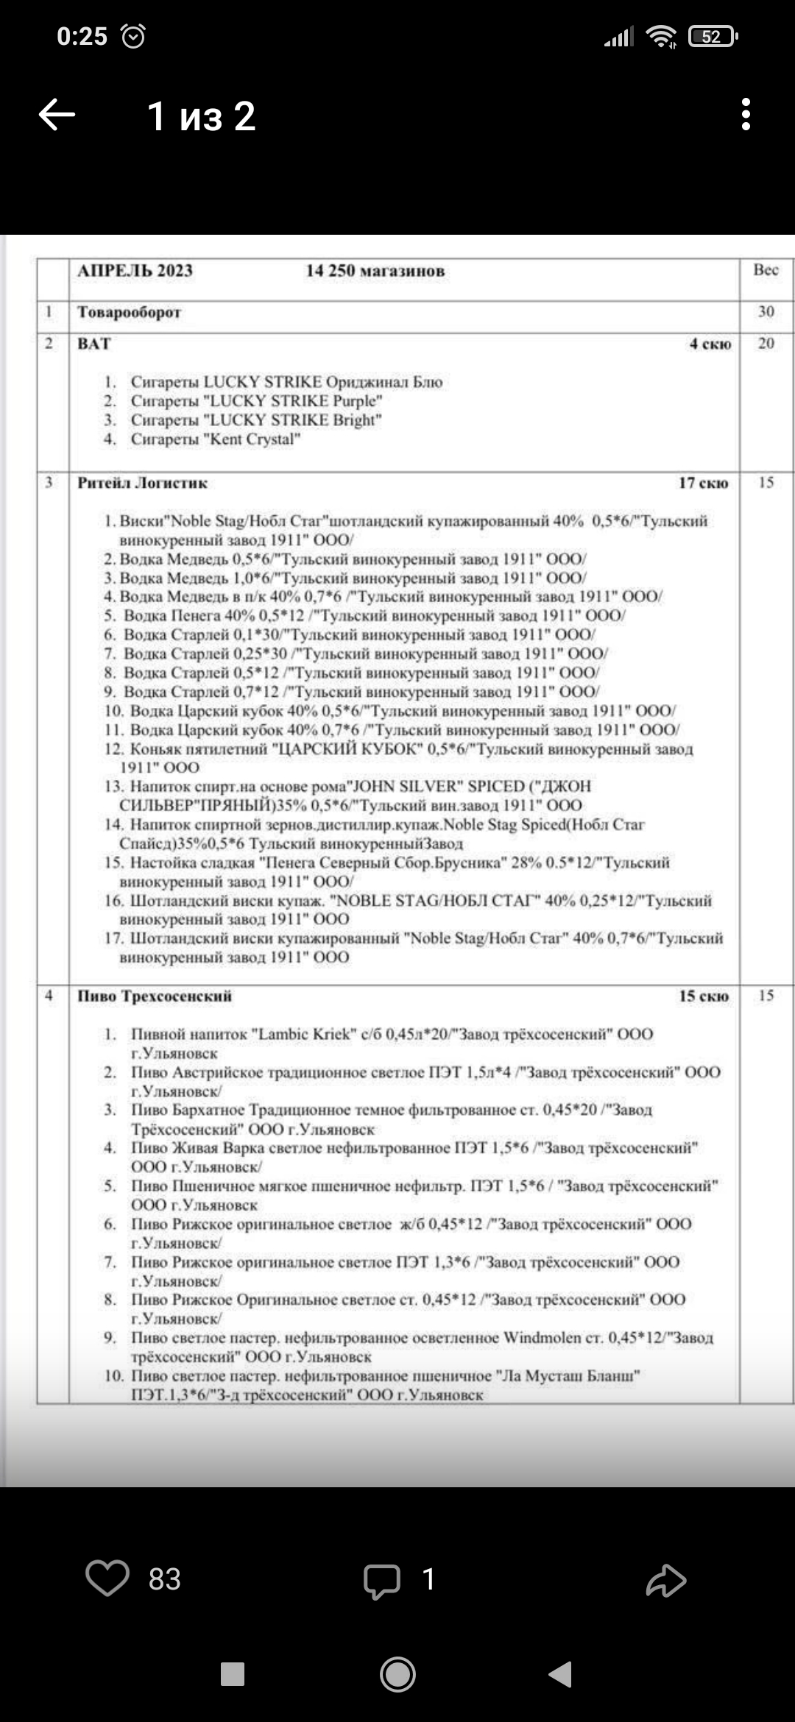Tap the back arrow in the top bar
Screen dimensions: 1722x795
pyautogui.click(x=57, y=115)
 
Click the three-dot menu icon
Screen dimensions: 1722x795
pyautogui.click(x=746, y=115)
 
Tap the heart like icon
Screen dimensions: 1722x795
pyautogui.click(x=107, y=1578)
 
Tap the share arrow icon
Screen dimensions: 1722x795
pyautogui.click(x=666, y=1579)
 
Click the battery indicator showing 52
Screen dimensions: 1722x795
pyautogui.click(x=712, y=36)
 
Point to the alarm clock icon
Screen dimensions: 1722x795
pyautogui.click(x=132, y=36)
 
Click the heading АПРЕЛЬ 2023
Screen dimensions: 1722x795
pyautogui.click(x=135, y=271)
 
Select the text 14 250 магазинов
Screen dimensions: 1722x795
pyautogui.click(x=375, y=271)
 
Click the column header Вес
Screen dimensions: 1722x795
pyautogui.click(x=766, y=270)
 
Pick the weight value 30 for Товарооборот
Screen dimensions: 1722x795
pyautogui.click(x=766, y=311)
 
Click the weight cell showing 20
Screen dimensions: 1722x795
pyautogui.click(x=766, y=344)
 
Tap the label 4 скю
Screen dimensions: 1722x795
pyautogui.click(x=710, y=344)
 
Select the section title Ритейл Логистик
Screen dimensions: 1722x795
pyautogui.click(x=143, y=483)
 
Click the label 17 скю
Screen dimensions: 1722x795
pyautogui.click(x=703, y=483)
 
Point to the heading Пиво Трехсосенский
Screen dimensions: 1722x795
pyautogui.click(x=155, y=996)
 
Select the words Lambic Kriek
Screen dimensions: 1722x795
pyautogui.click(x=305, y=1034)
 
